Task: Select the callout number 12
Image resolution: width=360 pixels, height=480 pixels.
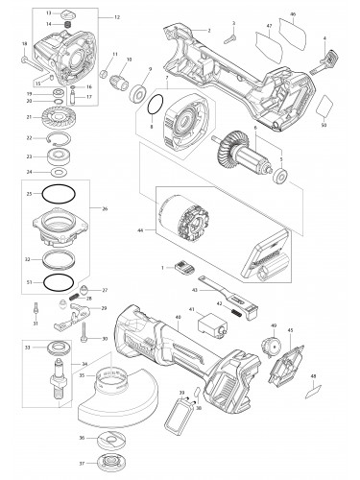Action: click(x=118, y=18)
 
